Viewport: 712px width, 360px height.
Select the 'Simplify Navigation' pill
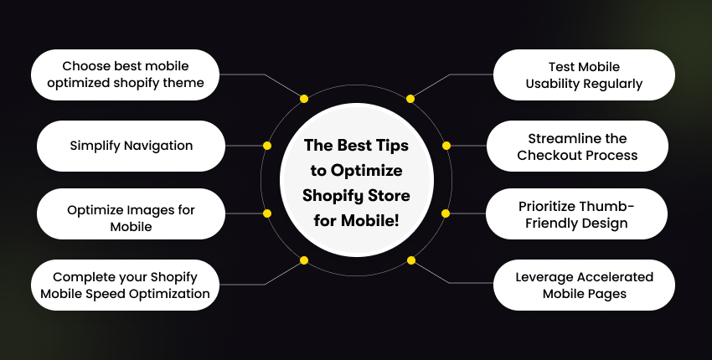[131, 146]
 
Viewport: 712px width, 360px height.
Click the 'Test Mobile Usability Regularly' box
[584, 75]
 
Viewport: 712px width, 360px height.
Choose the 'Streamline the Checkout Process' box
[577, 146]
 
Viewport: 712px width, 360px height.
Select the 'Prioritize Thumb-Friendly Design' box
[577, 213]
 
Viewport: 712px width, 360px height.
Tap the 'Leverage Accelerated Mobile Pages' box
[584, 285]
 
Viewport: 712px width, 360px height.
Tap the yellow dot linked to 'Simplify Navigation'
[267, 146]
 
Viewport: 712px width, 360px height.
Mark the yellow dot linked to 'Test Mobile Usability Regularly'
[410, 99]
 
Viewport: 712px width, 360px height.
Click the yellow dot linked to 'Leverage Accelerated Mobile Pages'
[410, 260]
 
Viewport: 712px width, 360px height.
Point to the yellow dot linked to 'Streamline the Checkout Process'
[446, 146]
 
